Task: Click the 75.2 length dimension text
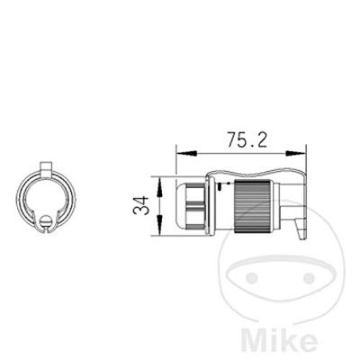tap(247, 139)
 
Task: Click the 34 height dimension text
tap(141, 205)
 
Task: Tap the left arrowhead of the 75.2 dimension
tap(186, 153)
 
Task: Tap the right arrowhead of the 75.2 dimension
tap(296, 153)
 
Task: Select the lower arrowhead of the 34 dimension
tap(159, 225)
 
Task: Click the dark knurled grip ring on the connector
tap(252, 206)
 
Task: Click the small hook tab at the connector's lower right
tap(301, 229)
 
